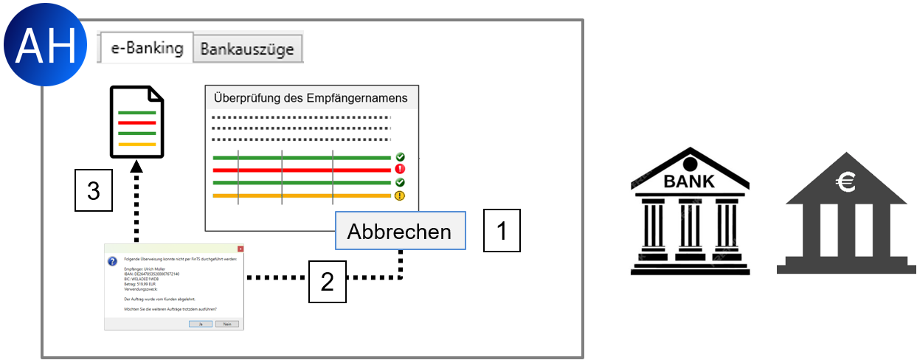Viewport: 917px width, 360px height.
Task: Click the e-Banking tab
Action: tap(147, 48)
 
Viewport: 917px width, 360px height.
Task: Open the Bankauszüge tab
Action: tap(247, 49)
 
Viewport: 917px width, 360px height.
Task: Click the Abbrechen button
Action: tap(399, 232)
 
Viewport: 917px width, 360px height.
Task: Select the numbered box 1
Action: tap(502, 231)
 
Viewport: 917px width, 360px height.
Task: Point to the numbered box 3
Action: tap(94, 191)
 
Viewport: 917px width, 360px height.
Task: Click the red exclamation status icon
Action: tap(400, 169)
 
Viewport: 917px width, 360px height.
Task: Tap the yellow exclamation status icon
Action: tap(400, 195)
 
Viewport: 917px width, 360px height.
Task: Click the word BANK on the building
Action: tap(690, 180)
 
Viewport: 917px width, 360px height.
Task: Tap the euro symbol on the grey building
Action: tap(845, 181)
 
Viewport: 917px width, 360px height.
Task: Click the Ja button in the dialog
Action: tap(200, 323)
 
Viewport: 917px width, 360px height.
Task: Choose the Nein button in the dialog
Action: tap(227, 323)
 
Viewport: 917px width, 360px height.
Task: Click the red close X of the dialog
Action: tap(240, 249)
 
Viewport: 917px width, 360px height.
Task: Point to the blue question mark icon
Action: tap(112, 261)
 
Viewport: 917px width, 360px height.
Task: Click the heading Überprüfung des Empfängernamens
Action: tap(310, 97)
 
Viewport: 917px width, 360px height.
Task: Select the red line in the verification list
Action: tap(301, 169)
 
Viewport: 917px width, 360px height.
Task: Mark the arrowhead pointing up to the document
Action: tap(136, 167)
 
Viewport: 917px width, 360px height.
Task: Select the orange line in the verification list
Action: tap(301, 195)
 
